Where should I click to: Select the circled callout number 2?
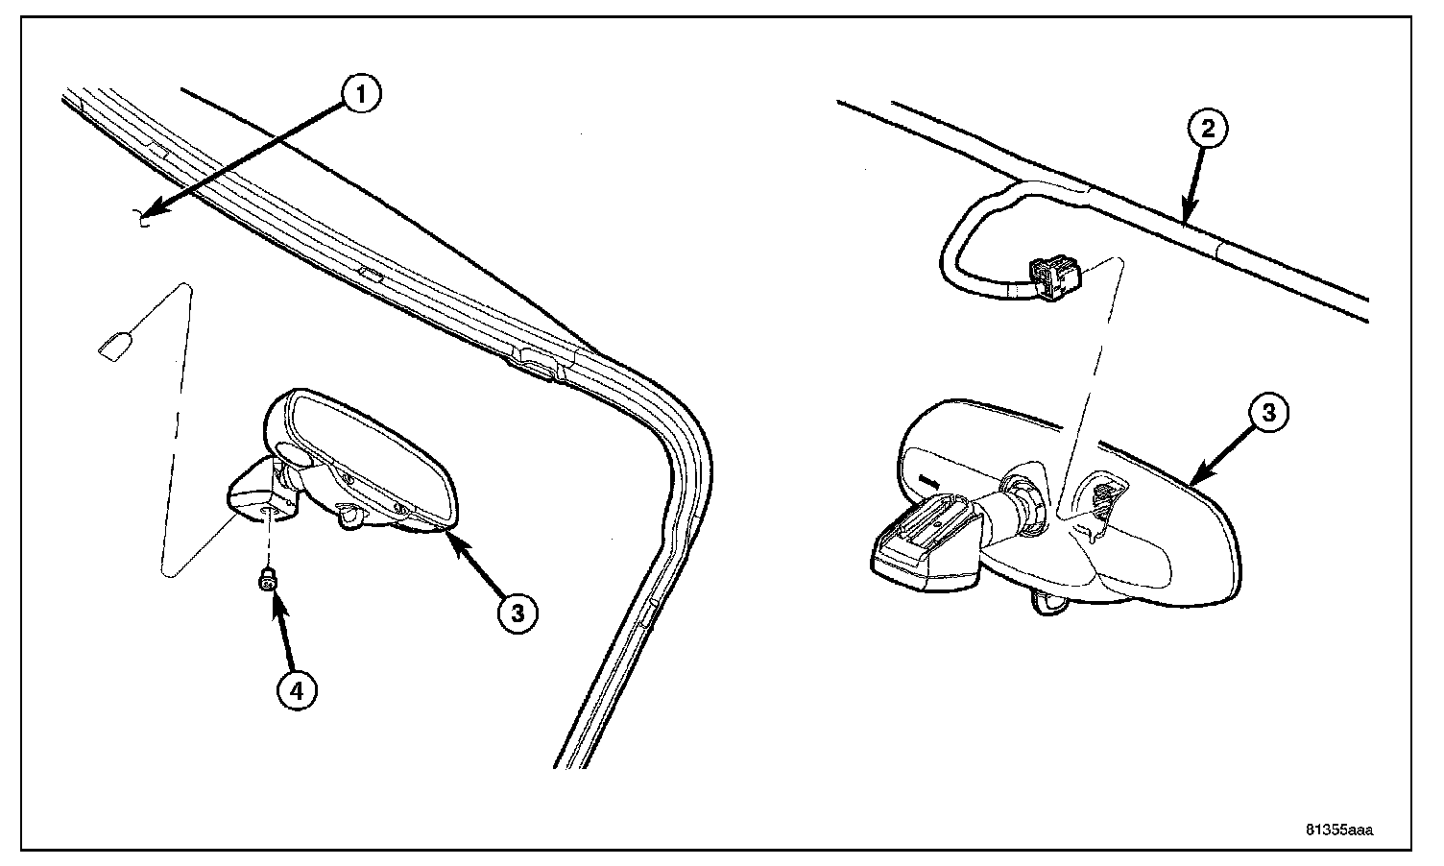point(1208,130)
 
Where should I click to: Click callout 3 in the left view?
point(517,612)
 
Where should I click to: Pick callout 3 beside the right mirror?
point(1268,413)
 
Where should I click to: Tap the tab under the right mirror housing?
point(1048,601)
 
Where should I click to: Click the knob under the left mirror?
point(352,518)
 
